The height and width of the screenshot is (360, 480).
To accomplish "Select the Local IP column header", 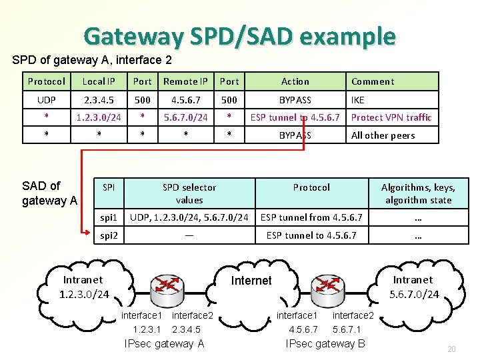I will click(x=99, y=81).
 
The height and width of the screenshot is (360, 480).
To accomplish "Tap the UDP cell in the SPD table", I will click(x=46, y=99).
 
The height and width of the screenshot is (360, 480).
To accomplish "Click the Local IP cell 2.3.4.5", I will click(x=99, y=99).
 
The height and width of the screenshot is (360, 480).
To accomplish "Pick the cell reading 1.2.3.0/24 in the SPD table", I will click(x=99, y=117).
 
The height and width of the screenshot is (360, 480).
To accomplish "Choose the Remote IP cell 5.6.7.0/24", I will click(x=185, y=117).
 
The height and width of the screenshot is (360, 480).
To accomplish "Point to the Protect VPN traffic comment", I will click(x=391, y=117).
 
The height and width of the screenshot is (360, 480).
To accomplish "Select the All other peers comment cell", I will click(x=383, y=135).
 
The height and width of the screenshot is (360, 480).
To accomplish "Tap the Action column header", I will click(x=295, y=81).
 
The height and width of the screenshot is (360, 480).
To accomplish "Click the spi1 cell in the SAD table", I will click(x=109, y=217).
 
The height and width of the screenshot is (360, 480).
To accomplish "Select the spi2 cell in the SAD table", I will click(x=109, y=235).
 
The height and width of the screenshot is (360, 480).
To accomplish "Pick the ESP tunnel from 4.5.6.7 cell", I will click(x=311, y=217).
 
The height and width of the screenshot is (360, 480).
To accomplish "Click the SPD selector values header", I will click(x=189, y=193).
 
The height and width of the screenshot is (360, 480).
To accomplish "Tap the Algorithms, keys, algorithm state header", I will click(x=418, y=193).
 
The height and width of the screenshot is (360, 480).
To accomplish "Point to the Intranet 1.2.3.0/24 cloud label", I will click(x=84, y=287).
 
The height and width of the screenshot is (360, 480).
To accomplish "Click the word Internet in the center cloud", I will click(x=251, y=281).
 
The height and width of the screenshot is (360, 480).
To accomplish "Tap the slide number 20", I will click(x=451, y=349).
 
